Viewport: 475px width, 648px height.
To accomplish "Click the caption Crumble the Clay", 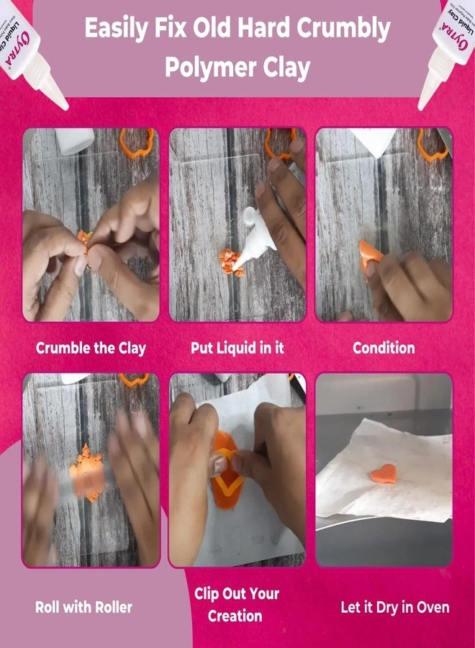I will click(91, 348).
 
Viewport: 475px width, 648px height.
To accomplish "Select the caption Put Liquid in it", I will click(237, 348).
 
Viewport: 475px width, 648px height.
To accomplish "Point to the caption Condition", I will click(384, 348).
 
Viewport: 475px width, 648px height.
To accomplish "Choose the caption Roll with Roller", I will click(84, 607).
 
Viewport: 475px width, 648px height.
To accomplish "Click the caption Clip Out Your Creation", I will click(236, 605).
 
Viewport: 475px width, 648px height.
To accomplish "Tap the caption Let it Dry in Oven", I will click(395, 607).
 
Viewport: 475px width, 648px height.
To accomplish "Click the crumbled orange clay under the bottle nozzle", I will click(232, 260).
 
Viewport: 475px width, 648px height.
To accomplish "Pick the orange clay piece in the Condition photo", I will click(370, 254).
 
